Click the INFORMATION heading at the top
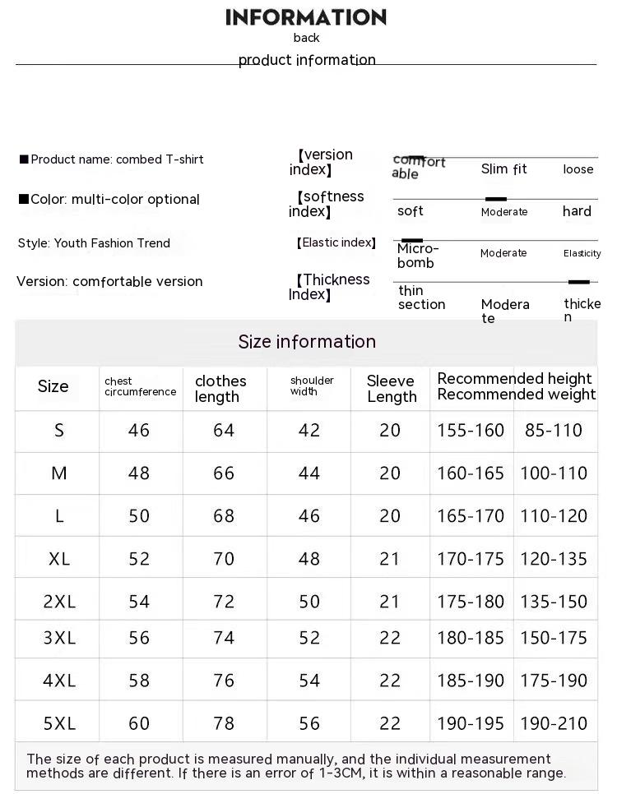(x=306, y=17)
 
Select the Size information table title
(x=307, y=342)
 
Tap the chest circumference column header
(x=140, y=387)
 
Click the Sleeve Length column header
(x=391, y=389)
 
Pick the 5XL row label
(x=59, y=723)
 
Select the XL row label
(x=59, y=559)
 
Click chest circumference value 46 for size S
(x=139, y=431)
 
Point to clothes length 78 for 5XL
(x=224, y=723)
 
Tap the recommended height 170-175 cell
(x=471, y=559)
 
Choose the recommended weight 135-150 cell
(x=554, y=602)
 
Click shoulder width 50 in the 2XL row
(x=309, y=602)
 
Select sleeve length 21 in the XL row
(x=390, y=559)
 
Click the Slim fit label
(x=503, y=169)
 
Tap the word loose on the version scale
(x=578, y=169)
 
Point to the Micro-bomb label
(x=418, y=256)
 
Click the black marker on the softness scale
(x=495, y=199)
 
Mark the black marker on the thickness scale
(x=579, y=282)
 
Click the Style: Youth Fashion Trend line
(x=94, y=243)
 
